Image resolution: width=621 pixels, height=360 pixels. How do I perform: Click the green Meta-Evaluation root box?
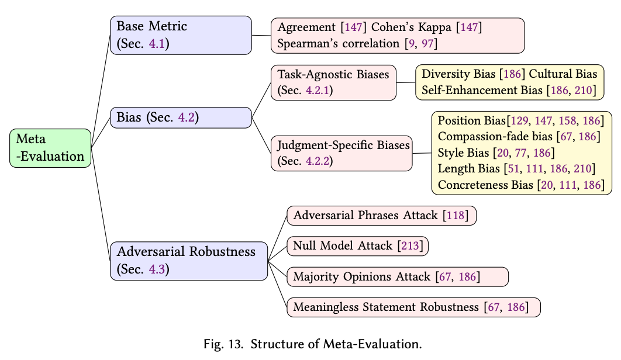coord(50,148)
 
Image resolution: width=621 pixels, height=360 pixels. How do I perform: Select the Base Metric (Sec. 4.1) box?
coord(181,35)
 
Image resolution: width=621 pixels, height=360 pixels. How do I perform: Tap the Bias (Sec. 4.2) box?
coord(181,117)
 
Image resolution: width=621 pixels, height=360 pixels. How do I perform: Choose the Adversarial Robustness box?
coord(189,261)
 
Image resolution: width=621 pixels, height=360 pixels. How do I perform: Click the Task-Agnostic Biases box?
coord(333,83)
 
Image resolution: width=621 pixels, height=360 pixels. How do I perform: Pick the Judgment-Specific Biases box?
coord(342,153)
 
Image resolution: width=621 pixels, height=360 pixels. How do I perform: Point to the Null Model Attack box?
coord(358,246)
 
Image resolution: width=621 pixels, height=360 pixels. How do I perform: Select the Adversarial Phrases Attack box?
coord(381,216)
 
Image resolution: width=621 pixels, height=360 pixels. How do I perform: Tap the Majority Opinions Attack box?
coord(398,277)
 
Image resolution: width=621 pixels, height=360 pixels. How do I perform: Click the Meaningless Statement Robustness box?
coord(413,307)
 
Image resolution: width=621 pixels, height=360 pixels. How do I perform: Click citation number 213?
coord(410,246)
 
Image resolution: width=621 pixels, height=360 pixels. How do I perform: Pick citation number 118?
coord(456,216)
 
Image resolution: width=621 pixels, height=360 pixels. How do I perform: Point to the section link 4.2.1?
coord(318,91)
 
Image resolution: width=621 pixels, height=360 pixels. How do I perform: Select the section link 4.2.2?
coord(318,161)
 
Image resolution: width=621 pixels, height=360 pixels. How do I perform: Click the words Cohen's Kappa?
coord(411,27)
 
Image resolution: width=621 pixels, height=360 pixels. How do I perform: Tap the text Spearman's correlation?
coord(338,43)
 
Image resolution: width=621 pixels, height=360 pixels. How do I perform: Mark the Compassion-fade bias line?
coord(519,137)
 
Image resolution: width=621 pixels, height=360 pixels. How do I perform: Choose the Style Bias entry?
coord(496,153)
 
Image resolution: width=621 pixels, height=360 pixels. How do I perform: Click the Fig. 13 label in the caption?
coord(223,344)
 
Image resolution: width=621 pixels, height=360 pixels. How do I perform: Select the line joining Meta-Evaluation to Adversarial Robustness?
coord(101,205)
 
